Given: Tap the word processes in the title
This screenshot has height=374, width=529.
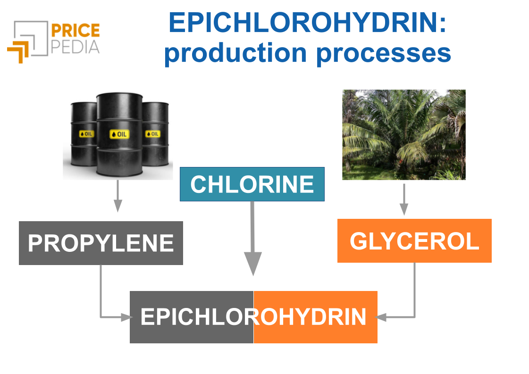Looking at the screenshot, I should point(384,53).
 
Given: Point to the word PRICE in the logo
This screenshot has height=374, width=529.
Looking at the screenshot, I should point(75,32).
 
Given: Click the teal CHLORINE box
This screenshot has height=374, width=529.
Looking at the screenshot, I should point(252,184).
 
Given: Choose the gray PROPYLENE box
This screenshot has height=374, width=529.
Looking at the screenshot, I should point(101,243).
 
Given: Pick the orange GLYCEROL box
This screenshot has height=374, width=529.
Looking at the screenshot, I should point(414,241).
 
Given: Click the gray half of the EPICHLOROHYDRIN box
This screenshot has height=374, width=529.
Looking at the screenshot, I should point(191,317).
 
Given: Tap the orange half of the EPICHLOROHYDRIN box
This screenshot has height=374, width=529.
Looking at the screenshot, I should point(315,317).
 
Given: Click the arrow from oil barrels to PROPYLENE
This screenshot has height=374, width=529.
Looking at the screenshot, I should point(118,196).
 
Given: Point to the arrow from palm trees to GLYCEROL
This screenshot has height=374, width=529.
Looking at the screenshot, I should point(403,199).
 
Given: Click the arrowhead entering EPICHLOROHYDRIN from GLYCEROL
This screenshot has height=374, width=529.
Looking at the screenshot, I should point(381,317).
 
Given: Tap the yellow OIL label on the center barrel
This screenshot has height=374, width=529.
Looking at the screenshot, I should point(119,134).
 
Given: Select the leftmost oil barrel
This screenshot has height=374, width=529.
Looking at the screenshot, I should point(83,134).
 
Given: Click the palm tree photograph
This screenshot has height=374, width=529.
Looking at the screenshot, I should point(403,134).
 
